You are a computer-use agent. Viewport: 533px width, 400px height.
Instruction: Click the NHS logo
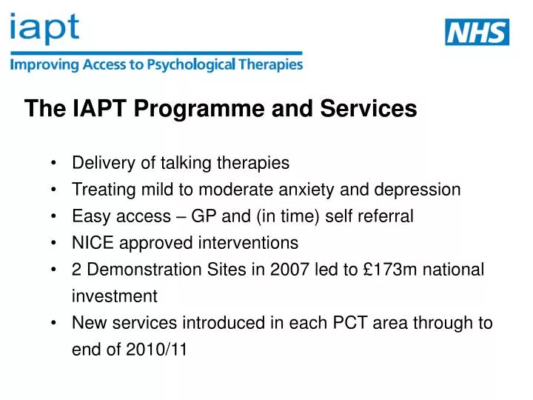[477, 32]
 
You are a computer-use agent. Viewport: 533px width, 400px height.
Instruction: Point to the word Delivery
[98, 163]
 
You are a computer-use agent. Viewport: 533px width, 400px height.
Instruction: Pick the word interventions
[252, 243]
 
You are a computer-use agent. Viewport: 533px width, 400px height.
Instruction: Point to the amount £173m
[378, 270]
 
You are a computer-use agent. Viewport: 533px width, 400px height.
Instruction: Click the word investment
[114, 296]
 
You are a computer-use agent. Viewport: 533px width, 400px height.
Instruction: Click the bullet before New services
[56, 323]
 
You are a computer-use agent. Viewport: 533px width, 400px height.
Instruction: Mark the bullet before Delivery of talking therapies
[56, 163]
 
